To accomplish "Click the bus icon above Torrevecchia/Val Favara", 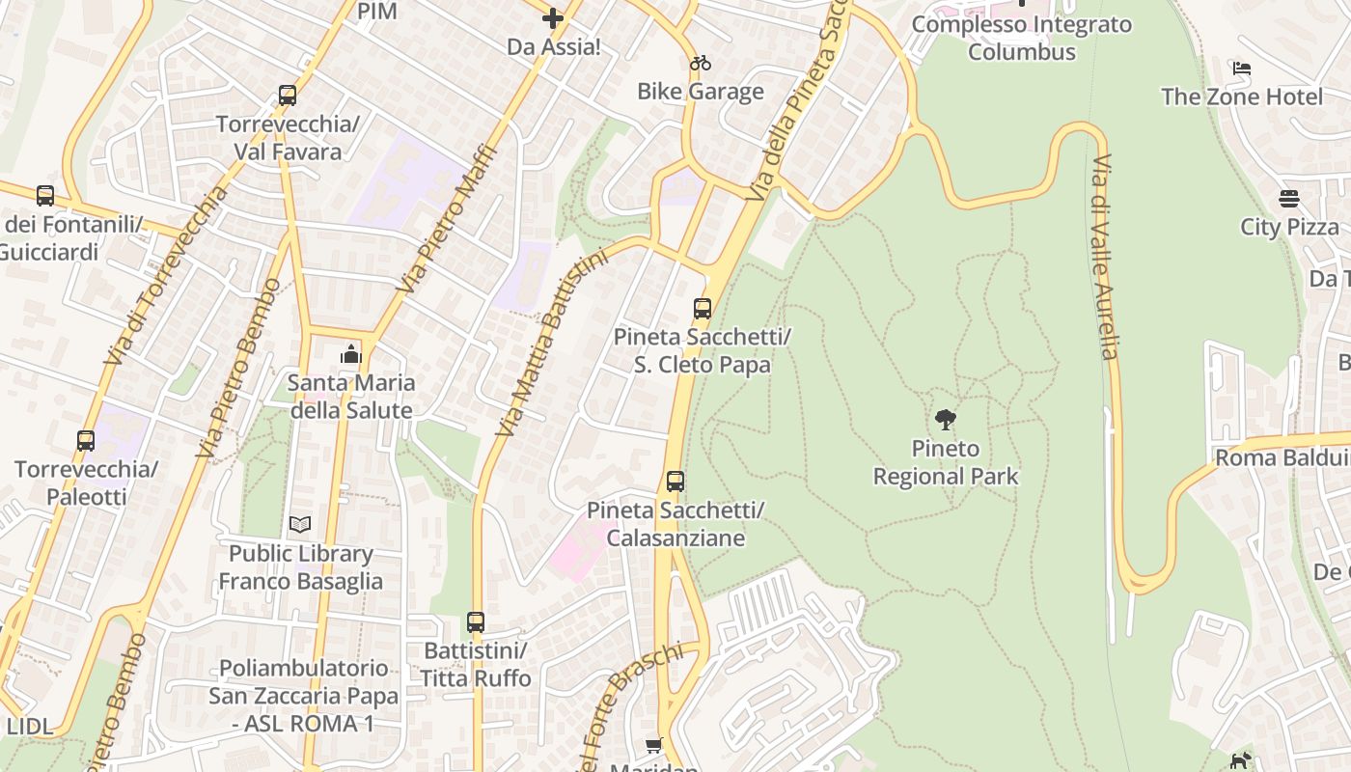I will (x=287, y=96).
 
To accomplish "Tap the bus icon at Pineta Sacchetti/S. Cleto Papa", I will (x=703, y=309).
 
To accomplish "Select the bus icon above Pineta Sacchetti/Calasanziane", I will (x=675, y=481).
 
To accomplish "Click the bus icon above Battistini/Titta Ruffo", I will (x=475, y=621).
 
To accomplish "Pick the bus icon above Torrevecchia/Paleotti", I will (x=86, y=441).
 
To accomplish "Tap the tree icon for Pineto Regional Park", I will (x=946, y=419).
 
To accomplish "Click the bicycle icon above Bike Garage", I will (x=701, y=64).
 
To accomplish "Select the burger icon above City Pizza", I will (x=1289, y=199).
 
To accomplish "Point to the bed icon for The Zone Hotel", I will (x=1242, y=69).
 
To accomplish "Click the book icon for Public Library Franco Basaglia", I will (x=300, y=525).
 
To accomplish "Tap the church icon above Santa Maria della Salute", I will (x=351, y=354).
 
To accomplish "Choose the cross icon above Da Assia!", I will (x=553, y=18).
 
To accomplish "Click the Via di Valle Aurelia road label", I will (x=1104, y=256).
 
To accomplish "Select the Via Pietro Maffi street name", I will (x=449, y=219).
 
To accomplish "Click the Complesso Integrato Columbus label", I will (x=1022, y=38).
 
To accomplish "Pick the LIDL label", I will (x=30, y=727).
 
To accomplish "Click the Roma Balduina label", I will (x=1282, y=457).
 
